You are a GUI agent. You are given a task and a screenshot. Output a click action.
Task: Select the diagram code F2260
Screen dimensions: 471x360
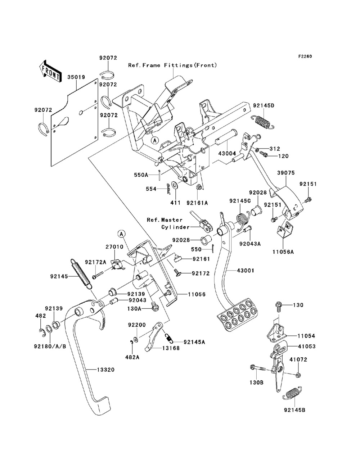(x=305, y=56)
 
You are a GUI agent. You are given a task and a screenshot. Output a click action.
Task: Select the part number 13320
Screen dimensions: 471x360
(x=105, y=370)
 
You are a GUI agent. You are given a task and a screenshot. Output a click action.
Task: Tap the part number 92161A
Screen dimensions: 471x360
(x=197, y=203)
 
